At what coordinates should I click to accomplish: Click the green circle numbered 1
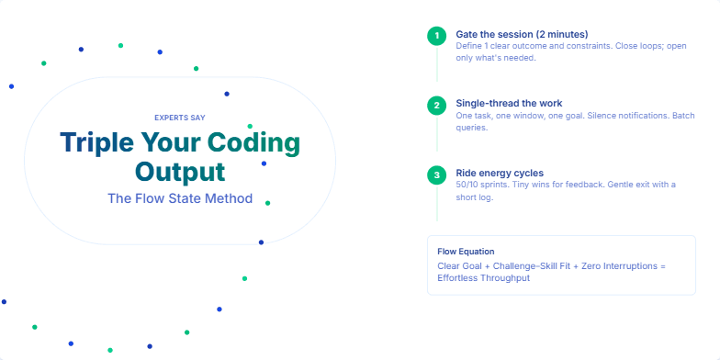coord(437,36)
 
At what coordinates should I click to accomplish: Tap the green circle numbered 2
coord(437,106)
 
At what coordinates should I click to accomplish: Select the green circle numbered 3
coord(437,174)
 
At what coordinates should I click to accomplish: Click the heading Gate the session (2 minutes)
coord(511,34)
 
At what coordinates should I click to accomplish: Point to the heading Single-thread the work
coord(509,103)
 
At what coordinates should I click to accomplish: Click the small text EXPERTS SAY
coord(180,118)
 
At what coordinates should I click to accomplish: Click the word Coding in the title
coord(253,143)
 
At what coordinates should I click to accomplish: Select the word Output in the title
coord(180,172)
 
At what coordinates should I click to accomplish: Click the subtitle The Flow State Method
coord(180,197)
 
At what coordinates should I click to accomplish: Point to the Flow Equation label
coord(466,251)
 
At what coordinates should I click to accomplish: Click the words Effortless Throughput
coord(484,277)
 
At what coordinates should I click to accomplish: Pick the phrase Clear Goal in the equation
coord(461,266)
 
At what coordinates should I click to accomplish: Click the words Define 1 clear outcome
coord(498,46)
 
